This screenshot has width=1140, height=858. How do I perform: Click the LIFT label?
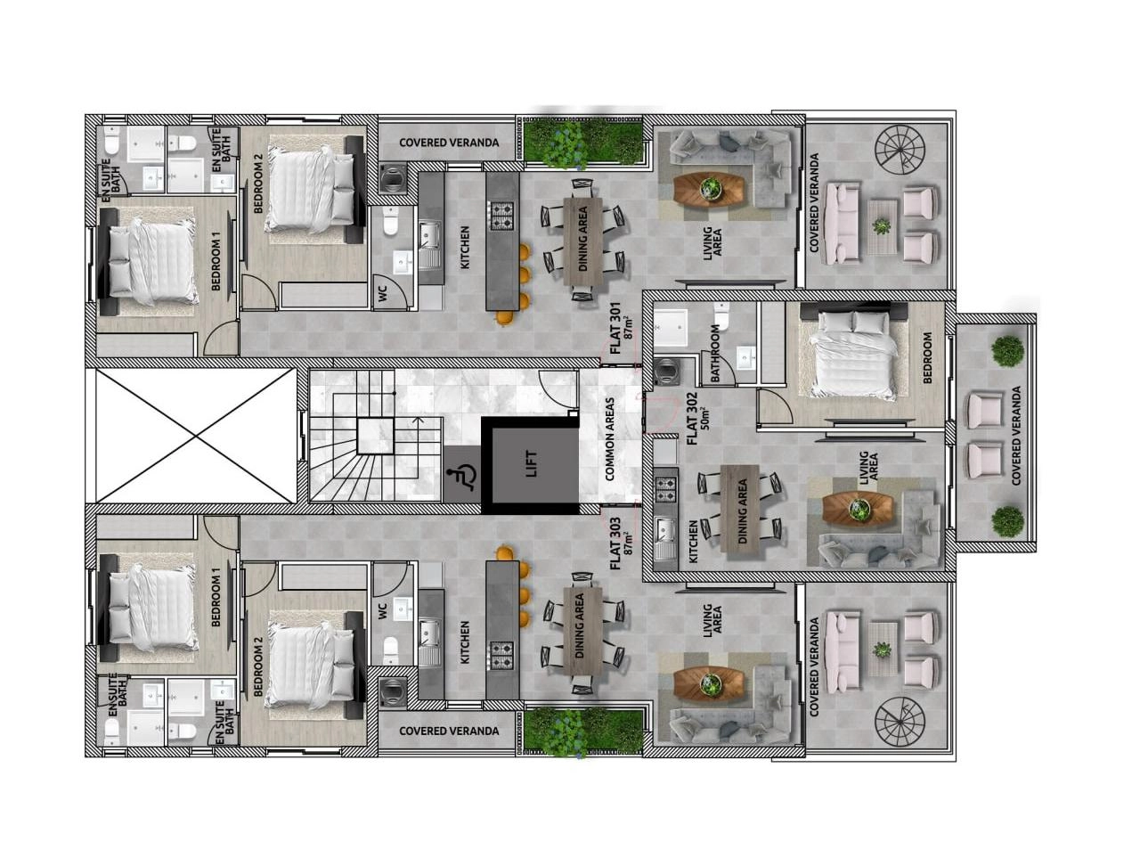532,464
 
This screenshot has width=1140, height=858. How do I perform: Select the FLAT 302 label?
696,418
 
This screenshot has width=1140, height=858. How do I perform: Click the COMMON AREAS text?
610,439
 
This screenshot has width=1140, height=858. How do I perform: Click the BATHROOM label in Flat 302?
715,353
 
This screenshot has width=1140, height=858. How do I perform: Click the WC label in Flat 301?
383,295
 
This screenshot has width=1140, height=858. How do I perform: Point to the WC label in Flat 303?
383,611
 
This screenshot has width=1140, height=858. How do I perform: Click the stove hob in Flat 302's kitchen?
666,490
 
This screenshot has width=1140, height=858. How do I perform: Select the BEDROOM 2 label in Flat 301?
258,184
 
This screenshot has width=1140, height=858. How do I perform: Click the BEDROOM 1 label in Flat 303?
216,597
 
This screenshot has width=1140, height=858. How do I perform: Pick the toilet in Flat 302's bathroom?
721,315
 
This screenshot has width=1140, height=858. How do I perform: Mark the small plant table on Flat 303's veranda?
882,650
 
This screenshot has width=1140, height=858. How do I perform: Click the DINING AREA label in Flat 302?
742,511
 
